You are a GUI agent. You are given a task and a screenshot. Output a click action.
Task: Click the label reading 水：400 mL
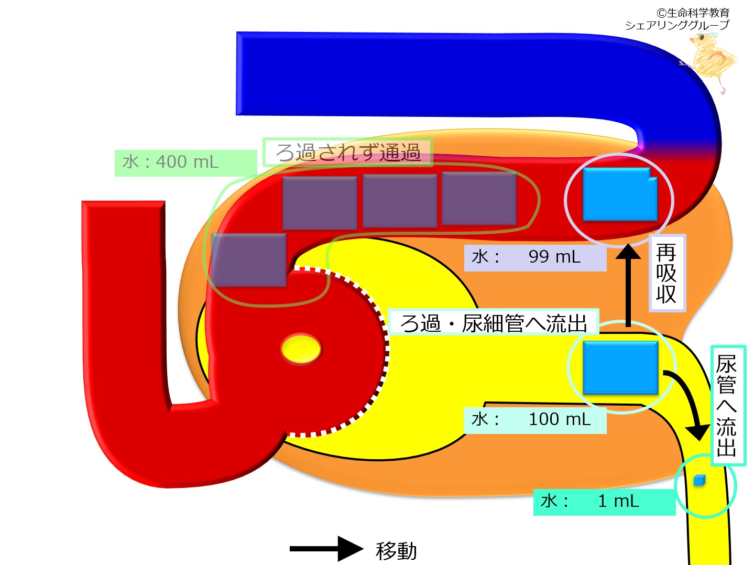tap(171, 162)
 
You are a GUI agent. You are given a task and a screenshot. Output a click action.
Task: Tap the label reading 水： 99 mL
tap(534, 257)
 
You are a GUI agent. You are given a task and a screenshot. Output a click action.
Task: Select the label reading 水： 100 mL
tap(534, 419)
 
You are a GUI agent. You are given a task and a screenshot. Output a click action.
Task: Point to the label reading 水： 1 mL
tap(603, 502)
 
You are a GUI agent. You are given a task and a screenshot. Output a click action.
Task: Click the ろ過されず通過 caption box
tap(348, 153)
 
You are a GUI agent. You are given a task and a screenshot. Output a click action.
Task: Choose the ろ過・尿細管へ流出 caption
tap(493, 323)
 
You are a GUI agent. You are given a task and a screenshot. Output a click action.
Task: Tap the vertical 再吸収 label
tap(666, 273)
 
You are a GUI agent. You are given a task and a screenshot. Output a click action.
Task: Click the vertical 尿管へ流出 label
tap(727, 405)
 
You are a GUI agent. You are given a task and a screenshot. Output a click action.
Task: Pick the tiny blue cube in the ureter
tap(699, 480)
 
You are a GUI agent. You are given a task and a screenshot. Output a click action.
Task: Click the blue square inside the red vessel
tap(620, 194)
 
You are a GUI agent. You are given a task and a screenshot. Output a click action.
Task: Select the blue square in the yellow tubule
tap(620, 367)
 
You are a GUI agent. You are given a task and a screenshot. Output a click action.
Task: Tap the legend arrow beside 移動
tap(326, 549)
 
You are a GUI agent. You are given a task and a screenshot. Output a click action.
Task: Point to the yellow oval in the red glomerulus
tap(301, 349)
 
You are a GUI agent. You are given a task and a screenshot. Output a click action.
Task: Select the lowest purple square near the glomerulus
tap(248, 260)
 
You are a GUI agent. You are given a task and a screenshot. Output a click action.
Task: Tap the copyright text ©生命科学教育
tap(693, 13)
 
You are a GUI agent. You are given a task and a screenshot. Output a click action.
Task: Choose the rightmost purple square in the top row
tap(479, 200)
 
